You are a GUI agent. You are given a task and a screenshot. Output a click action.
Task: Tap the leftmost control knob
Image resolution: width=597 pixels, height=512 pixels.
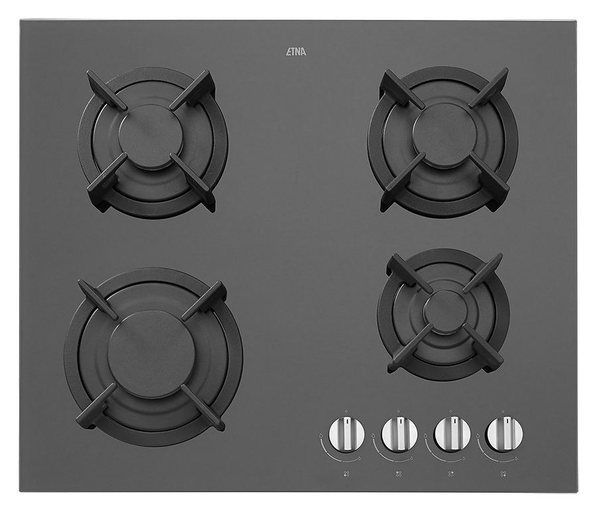click(x=346, y=434)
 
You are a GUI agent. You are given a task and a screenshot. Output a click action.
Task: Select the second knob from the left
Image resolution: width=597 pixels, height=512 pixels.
click(x=399, y=434)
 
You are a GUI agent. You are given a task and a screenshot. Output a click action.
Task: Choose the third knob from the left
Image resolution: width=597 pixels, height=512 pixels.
click(x=452, y=434)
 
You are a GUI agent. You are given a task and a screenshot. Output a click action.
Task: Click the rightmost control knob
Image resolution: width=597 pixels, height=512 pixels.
click(x=505, y=434)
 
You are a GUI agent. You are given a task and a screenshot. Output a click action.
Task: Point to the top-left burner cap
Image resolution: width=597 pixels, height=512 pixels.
click(x=151, y=137)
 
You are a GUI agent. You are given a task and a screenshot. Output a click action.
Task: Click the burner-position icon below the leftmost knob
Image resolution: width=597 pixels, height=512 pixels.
click(x=346, y=474)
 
